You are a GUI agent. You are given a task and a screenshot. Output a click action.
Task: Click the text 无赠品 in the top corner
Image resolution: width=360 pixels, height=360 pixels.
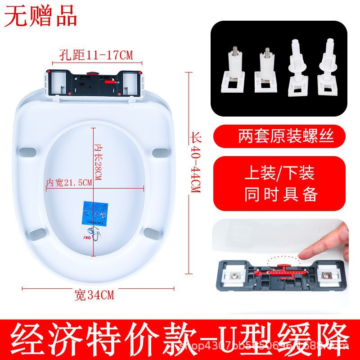(x=40, y=17)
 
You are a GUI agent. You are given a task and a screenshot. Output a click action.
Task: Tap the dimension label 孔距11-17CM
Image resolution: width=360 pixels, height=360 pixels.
(x=96, y=55)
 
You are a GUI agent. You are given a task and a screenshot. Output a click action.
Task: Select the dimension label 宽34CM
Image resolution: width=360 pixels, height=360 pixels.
(x=94, y=296)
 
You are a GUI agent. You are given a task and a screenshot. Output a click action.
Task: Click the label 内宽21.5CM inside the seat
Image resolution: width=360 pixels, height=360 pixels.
(x=69, y=182)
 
